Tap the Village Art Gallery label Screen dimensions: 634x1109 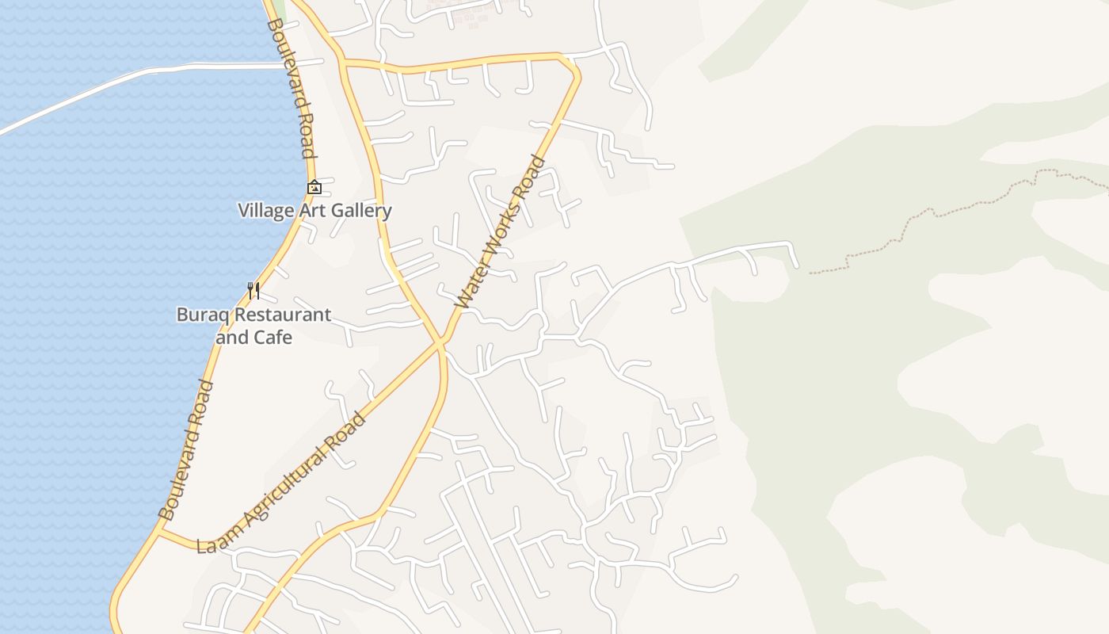click(314, 211)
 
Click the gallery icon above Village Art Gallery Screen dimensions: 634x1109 click(314, 188)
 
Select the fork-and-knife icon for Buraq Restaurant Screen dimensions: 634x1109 click(253, 291)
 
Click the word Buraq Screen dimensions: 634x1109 click(200, 315)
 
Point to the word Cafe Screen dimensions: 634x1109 click(272, 338)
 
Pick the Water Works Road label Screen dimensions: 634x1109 click(501, 232)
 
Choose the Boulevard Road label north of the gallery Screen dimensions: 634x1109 click(291, 88)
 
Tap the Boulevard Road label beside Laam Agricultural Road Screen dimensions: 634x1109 click(186, 450)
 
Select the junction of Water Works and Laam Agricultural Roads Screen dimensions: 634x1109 click(440, 343)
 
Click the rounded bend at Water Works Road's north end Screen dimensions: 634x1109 click(572, 68)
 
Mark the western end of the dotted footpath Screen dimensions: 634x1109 click(811, 273)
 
